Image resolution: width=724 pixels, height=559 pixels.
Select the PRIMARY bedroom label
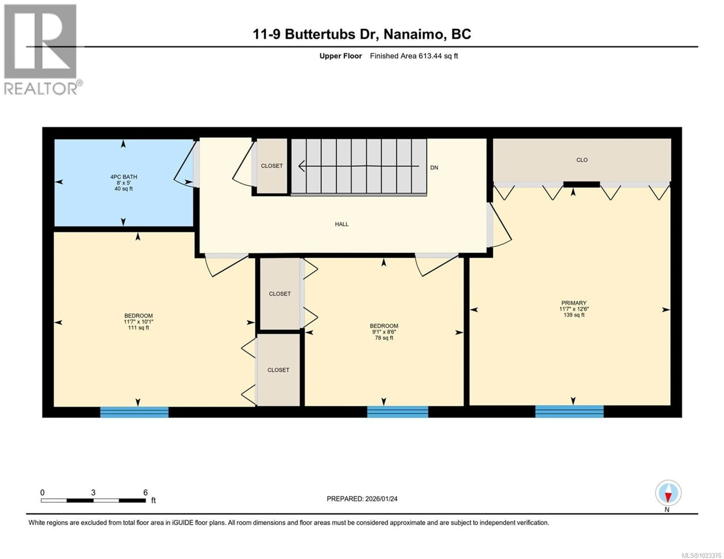click(574, 303)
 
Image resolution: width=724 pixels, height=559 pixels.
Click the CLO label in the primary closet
click(582, 160)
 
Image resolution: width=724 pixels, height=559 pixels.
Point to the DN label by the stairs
click(434, 168)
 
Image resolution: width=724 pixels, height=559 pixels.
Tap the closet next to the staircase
click(272, 166)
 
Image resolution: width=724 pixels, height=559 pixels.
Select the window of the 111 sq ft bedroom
click(134, 412)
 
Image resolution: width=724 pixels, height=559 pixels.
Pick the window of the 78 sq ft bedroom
click(397, 411)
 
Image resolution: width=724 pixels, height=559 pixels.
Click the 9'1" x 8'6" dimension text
click(384, 332)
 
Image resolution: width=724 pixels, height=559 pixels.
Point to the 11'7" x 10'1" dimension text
click(139, 322)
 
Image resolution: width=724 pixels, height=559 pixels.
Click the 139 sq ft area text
click(574, 315)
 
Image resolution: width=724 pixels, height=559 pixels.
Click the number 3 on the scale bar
click(93, 493)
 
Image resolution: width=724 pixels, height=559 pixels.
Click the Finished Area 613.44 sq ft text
click(414, 56)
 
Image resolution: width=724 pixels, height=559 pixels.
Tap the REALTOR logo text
click(41, 89)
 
